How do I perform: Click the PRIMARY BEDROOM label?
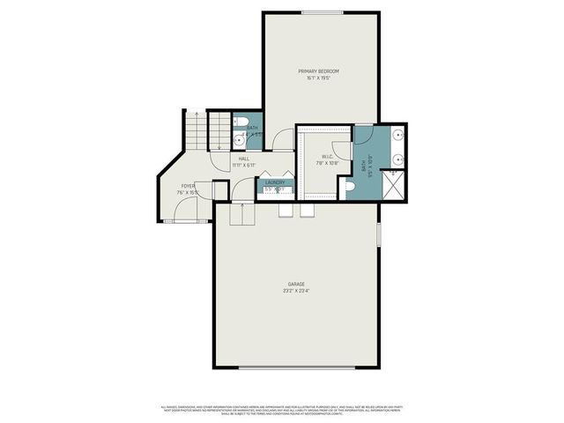point(318,70)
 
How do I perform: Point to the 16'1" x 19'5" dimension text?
point(318,78)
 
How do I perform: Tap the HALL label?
point(243,159)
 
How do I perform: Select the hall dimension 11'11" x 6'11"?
point(243,166)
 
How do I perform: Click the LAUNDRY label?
point(273,182)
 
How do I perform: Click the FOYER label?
point(188,186)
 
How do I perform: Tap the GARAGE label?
point(295,284)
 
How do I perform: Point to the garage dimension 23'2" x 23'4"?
point(295,291)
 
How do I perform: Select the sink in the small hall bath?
point(240,139)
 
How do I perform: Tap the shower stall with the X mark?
point(398,185)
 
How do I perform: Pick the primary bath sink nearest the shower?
point(398,161)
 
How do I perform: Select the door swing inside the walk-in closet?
point(342,152)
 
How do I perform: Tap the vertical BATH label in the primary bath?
point(364,165)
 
